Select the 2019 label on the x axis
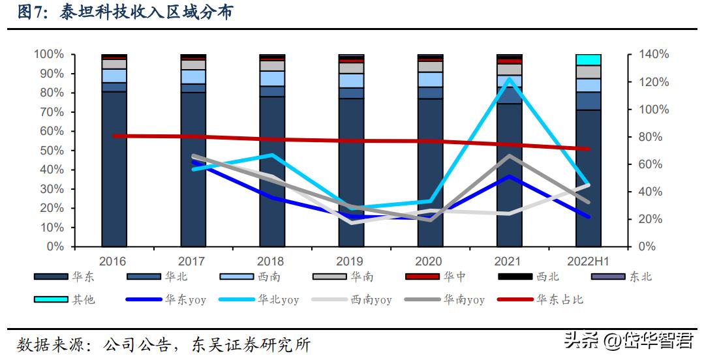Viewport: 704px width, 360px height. coord(350,262)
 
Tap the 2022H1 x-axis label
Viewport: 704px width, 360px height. coord(588,262)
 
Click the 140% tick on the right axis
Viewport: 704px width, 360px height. coord(652,55)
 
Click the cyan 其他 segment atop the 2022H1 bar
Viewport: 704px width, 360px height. coord(588,60)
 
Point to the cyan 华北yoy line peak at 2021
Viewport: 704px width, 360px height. coord(509,79)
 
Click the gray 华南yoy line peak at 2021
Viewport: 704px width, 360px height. coord(509,156)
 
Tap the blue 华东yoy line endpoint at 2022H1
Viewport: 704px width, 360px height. coord(588,217)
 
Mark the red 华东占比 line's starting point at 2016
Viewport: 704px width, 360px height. coord(114,136)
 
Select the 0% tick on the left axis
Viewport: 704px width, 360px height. coord(55,247)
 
